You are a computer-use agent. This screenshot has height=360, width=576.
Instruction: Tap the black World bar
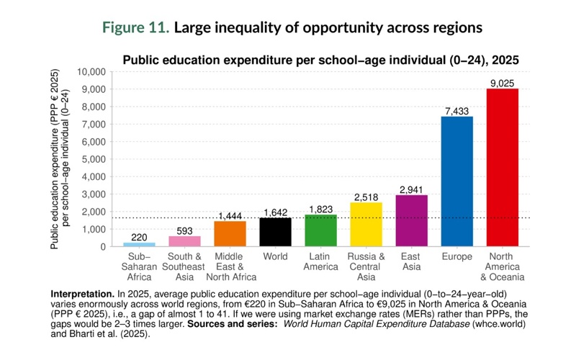click(x=275, y=232)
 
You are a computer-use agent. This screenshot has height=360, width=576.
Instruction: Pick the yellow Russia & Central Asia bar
click(x=366, y=224)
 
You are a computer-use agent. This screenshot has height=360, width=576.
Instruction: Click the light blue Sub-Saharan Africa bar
click(x=139, y=244)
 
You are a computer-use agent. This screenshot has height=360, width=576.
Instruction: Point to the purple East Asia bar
click(x=411, y=220)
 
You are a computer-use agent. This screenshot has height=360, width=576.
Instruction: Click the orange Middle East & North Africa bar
click(x=230, y=233)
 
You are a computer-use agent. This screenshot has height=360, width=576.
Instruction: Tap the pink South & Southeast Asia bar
click(x=184, y=241)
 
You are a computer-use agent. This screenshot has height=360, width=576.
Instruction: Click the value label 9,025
click(x=502, y=84)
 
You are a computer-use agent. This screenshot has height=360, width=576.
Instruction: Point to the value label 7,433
click(x=456, y=111)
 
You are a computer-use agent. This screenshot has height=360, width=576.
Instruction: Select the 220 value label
click(x=139, y=237)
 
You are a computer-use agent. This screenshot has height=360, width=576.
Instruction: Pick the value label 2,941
click(x=411, y=189)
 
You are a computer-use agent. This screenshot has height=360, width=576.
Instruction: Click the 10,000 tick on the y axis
click(x=91, y=72)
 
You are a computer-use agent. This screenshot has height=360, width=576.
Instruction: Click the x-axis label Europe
click(x=456, y=257)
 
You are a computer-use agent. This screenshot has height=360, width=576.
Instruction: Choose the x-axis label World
click(x=275, y=257)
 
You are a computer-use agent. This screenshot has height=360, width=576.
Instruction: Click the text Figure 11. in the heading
click(x=135, y=29)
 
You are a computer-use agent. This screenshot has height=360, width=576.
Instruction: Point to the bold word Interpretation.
click(x=82, y=295)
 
